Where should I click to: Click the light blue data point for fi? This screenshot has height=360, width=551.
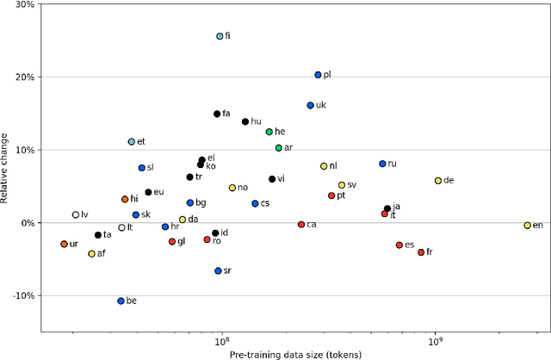[x=220, y=36]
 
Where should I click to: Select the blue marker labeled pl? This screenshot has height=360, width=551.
[x=318, y=75]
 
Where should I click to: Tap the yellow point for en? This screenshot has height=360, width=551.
[x=528, y=225]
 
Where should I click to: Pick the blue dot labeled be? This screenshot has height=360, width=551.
[x=121, y=301]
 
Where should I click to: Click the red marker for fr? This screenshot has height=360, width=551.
[x=421, y=252]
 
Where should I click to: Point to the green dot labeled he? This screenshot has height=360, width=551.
[x=269, y=132]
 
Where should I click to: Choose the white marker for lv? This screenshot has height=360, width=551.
[x=76, y=214]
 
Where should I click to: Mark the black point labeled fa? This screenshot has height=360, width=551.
[x=217, y=114]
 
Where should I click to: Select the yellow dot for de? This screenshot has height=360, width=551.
[x=438, y=181]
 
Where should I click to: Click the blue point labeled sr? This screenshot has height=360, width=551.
[x=219, y=270]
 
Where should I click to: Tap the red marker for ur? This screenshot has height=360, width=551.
[x=64, y=244]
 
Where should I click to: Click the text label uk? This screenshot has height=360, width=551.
[x=322, y=106]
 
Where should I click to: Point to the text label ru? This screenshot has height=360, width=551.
[x=393, y=164]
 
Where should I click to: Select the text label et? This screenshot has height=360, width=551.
[x=141, y=142]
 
